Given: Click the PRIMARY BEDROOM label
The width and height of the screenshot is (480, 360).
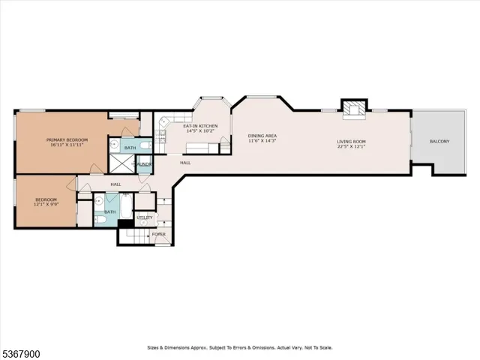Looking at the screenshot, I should (x=67, y=140).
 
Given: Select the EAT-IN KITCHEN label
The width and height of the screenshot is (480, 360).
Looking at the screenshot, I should (x=200, y=126).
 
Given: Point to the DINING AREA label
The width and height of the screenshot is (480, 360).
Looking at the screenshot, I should (x=262, y=136).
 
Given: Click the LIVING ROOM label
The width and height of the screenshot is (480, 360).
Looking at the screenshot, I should (x=350, y=141).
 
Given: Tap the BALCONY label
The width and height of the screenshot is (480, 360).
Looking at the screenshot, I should (x=439, y=141).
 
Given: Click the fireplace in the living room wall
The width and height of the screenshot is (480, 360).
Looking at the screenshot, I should (x=352, y=109).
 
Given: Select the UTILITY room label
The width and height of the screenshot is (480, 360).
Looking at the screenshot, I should (x=145, y=218).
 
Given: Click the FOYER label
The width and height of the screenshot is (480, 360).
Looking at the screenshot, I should (x=159, y=234).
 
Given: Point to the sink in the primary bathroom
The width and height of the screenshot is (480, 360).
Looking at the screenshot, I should (x=114, y=145).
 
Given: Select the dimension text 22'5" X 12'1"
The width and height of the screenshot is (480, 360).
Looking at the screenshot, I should (x=350, y=147).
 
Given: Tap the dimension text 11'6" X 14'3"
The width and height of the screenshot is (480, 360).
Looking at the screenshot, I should (x=262, y=141).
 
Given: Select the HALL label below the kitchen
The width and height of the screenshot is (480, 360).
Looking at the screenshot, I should (x=184, y=162).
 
